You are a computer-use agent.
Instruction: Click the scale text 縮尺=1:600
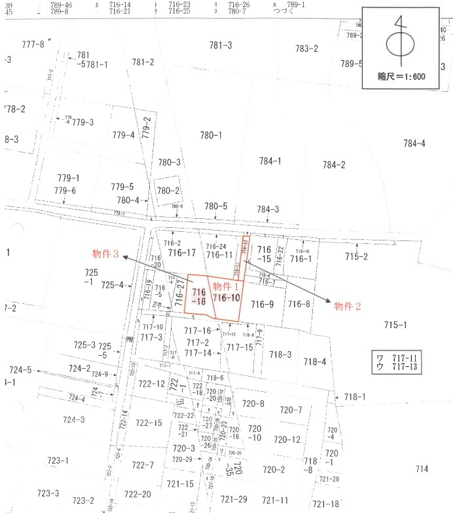(401, 77)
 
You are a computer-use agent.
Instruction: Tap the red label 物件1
(226, 286)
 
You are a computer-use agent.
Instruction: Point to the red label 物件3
(105, 254)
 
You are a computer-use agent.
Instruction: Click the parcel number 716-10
(227, 298)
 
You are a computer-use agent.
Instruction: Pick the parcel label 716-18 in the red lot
(199, 297)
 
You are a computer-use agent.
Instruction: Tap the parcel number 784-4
(414, 143)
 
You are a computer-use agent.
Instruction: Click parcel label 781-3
(221, 45)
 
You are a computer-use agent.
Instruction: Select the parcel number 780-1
(211, 135)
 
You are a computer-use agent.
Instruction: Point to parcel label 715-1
(395, 325)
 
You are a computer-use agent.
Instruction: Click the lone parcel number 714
(422, 468)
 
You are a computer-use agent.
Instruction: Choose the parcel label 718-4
(314, 362)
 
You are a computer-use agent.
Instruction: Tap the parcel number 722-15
(149, 423)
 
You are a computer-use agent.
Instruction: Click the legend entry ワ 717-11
(397, 357)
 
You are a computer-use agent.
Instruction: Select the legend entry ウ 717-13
(397, 366)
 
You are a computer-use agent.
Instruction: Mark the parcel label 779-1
(68, 178)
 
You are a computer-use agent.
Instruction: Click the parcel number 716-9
(261, 304)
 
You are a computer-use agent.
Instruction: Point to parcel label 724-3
(73, 419)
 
